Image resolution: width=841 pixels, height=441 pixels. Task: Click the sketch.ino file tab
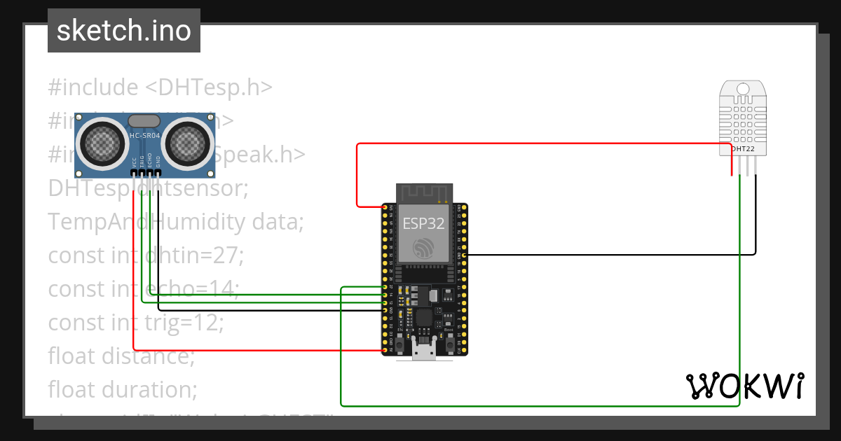[x=124, y=31]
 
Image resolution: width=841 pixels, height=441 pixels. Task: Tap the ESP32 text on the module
[x=423, y=223]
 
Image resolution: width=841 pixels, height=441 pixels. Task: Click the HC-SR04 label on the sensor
[x=144, y=135]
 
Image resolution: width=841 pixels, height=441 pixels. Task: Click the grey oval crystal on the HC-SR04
[x=144, y=122]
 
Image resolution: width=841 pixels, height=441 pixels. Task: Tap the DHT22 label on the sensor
[x=744, y=149]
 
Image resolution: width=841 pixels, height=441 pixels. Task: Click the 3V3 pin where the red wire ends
[x=385, y=207]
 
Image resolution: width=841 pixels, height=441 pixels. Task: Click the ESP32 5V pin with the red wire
[x=385, y=349]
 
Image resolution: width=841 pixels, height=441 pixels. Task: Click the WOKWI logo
[x=744, y=386]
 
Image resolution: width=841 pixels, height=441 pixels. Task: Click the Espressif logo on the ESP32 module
[x=423, y=247]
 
